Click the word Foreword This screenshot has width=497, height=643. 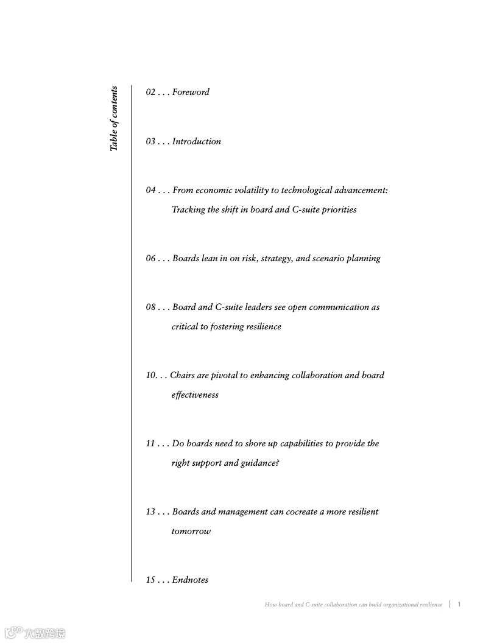point(191,93)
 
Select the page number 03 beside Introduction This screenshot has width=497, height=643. point(150,142)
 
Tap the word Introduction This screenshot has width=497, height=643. point(196,142)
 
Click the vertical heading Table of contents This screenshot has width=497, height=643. point(114,119)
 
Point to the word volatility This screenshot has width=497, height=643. point(246,191)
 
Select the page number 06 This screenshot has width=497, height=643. point(150,259)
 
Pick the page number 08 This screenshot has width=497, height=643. point(150,307)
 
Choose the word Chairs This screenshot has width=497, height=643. point(182,376)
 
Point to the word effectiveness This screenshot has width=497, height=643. point(195,395)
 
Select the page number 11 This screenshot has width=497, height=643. point(150,444)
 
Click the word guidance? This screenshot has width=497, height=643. point(260,463)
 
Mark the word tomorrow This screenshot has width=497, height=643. point(191,532)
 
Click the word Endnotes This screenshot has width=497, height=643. point(190,580)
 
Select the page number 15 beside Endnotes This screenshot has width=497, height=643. point(150,580)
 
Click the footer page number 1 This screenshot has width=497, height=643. point(459,605)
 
